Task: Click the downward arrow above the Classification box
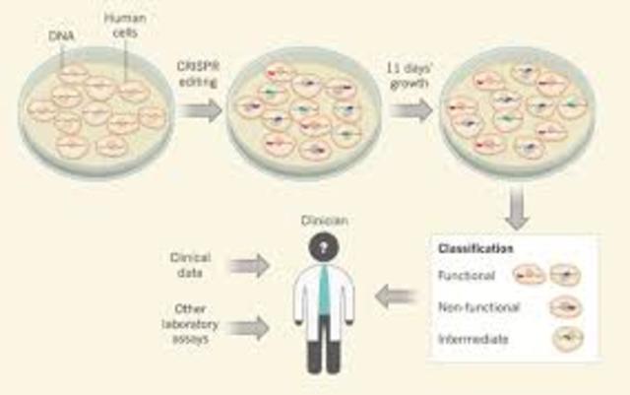[x=519, y=208]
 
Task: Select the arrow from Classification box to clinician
[x=402, y=292]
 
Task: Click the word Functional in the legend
[x=468, y=278]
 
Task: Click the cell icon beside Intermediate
[x=566, y=340]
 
